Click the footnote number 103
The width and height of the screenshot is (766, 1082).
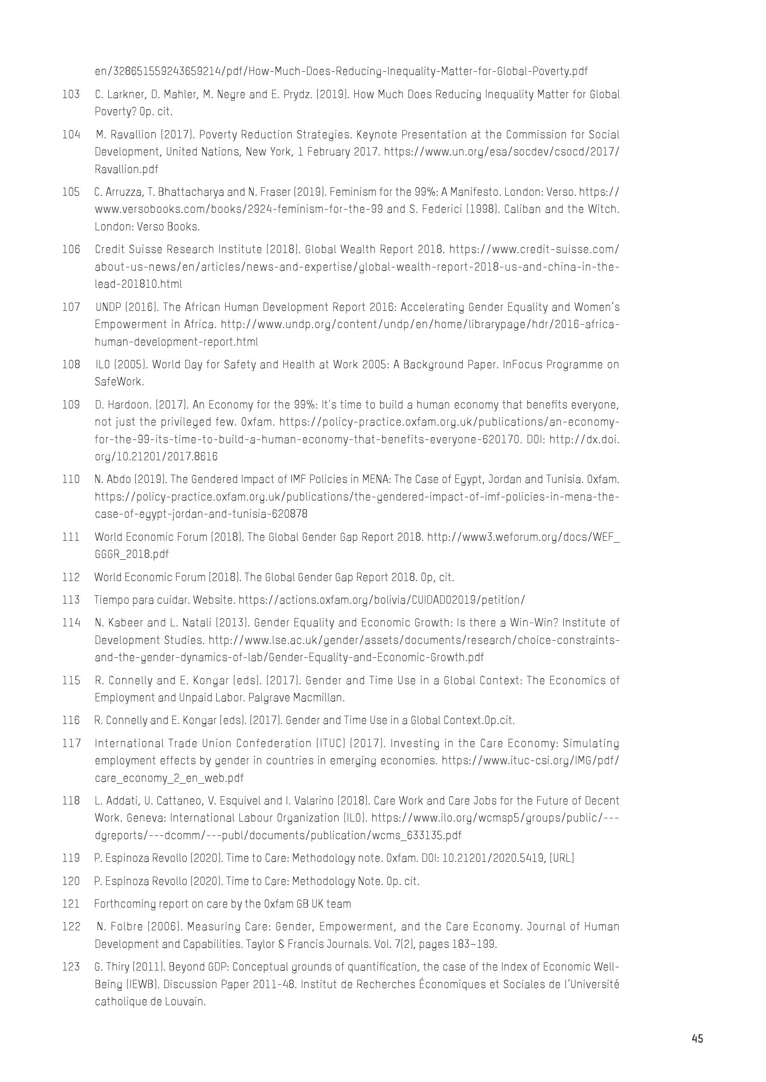71,94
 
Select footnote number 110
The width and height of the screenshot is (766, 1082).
71,479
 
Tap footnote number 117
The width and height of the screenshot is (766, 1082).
71,743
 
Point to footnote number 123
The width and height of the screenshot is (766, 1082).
71,967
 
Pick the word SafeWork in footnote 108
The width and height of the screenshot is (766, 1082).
119,382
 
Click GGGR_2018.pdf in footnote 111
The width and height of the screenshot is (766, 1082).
132,554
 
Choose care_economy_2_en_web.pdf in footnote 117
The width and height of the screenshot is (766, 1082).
170,778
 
